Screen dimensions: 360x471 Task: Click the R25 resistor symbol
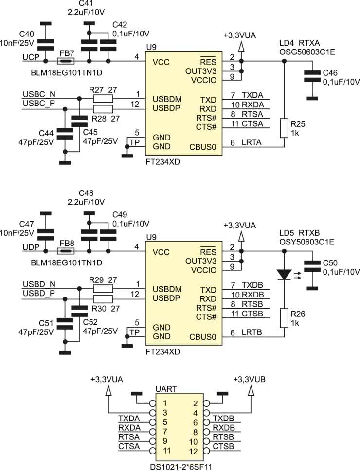tap(284, 128)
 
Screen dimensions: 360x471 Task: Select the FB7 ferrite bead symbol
tap(66, 61)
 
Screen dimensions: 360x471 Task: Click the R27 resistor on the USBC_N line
tap(103, 99)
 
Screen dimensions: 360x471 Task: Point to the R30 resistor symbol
tap(103, 299)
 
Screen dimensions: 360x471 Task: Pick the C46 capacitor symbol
tap(312, 76)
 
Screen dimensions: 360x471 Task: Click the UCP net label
tap(31, 57)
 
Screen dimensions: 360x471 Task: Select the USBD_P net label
tap(39, 294)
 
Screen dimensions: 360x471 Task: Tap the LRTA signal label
tap(252, 142)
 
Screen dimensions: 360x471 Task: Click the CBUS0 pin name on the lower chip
tap(203, 337)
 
